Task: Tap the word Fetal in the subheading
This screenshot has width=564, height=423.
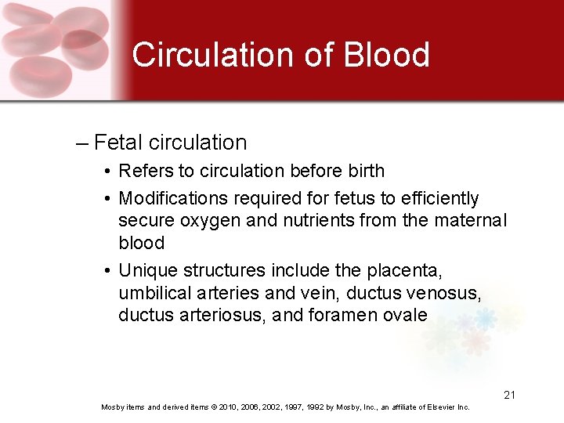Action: pos(118,143)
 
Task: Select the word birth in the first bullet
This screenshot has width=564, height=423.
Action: pos(362,171)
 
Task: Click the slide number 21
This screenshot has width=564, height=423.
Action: pos(509,395)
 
